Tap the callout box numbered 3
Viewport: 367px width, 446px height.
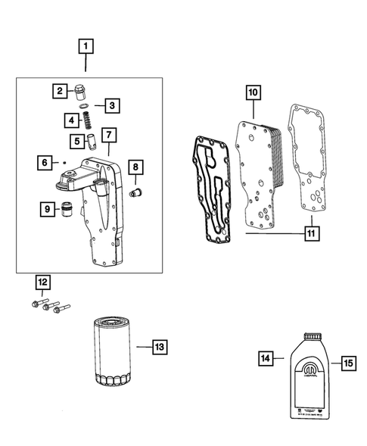pos(111,105)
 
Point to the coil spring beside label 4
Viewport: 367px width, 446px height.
pos(87,120)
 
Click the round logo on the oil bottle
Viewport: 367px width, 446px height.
pos(313,371)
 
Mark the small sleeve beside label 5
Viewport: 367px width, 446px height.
pos(92,139)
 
